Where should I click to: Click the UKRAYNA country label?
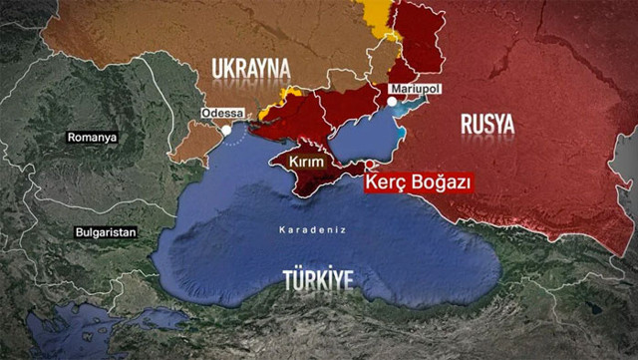[x=250, y=68]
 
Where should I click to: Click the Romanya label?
[x=91, y=136]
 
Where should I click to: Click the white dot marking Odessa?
[x=227, y=129]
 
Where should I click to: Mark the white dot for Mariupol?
[x=392, y=100]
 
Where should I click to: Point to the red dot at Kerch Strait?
[x=371, y=165]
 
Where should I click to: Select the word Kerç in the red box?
[x=385, y=181]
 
